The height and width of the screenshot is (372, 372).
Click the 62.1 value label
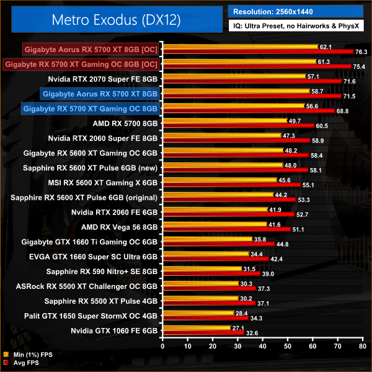(326, 46)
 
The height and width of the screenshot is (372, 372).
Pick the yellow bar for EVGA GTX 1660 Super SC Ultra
(205, 254)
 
